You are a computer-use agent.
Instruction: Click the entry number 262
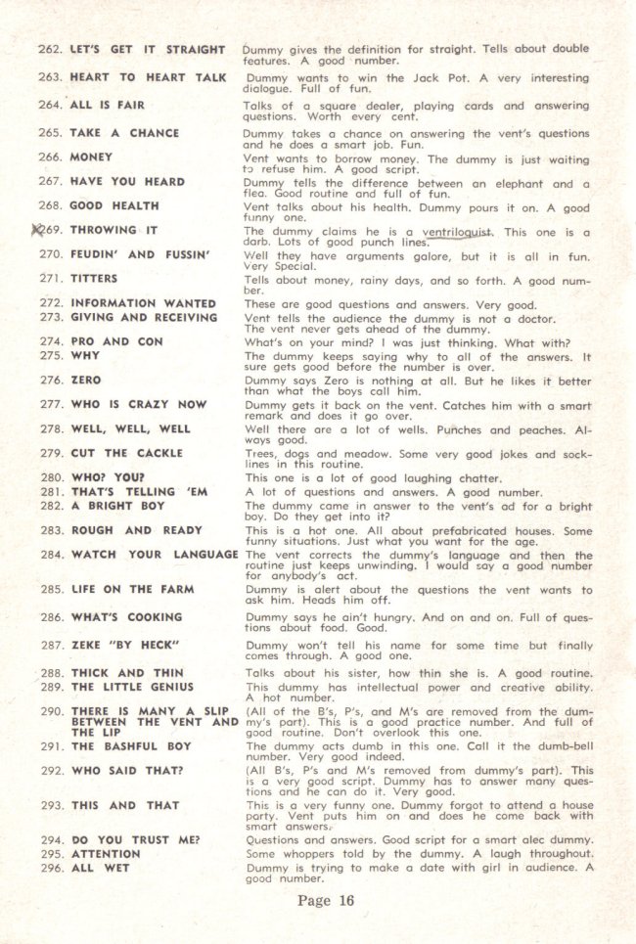pos(50,49)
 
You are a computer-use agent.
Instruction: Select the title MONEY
pos(91,157)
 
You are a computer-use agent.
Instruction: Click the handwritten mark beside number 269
pos(38,230)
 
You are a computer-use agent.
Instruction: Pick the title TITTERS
pos(94,279)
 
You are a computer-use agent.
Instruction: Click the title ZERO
pos(85,380)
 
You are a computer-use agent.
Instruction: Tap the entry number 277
pos(50,404)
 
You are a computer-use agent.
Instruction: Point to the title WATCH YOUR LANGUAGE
pos(155,555)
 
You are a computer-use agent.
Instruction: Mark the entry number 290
pos(50,710)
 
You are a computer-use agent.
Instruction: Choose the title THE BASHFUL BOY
pos(131,746)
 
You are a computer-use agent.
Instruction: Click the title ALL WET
pos(99,867)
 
